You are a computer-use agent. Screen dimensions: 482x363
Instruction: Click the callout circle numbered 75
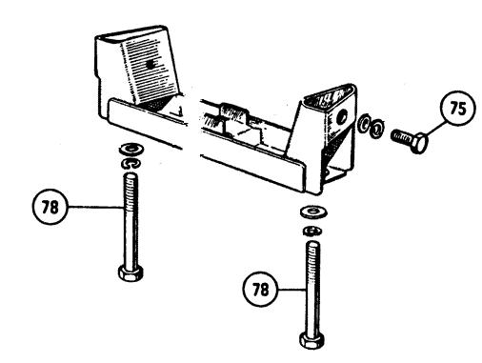click(458, 109)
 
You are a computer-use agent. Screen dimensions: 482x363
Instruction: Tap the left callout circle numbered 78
click(50, 207)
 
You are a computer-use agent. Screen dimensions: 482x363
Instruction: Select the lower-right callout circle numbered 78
click(260, 289)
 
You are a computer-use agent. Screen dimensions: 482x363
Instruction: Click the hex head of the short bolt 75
click(418, 143)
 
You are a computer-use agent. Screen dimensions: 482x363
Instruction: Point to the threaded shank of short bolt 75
click(401, 137)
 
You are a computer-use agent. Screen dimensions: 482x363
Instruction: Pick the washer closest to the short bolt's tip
click(377, 129)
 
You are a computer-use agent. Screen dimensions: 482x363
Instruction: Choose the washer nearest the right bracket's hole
click(364, 123)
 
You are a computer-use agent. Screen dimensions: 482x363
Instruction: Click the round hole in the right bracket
click(342, 117)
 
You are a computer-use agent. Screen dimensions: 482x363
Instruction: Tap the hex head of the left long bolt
click(131, 272)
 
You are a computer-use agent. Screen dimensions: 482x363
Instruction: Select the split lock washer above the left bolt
click(131, 164)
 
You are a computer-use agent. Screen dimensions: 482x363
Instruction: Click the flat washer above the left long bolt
click(131, 149)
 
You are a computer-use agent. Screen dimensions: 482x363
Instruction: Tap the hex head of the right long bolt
click(311, 340)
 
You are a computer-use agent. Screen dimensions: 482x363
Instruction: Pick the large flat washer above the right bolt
click(314, 212)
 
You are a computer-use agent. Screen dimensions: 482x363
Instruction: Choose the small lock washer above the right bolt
click(312, 231)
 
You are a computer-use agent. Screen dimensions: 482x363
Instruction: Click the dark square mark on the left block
click(151, 65)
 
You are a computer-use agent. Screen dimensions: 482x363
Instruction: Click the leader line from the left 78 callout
click(96, 207)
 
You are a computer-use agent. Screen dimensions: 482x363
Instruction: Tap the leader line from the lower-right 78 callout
click(292, 289)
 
